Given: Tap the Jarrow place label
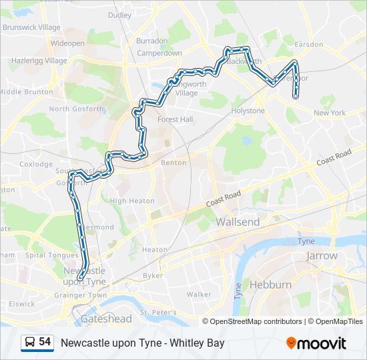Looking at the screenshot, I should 322,255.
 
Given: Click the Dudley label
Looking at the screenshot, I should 119,15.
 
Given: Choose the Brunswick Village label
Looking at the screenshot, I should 31,27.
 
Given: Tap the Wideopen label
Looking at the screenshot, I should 67,43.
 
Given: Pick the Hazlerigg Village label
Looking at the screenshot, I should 39,61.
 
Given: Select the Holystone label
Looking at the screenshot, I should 248,111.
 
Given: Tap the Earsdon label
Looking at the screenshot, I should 308,44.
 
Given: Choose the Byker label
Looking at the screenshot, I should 152,275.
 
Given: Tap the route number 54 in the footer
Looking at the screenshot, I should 45,342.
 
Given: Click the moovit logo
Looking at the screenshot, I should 316,343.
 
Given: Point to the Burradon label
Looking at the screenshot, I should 152,41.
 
